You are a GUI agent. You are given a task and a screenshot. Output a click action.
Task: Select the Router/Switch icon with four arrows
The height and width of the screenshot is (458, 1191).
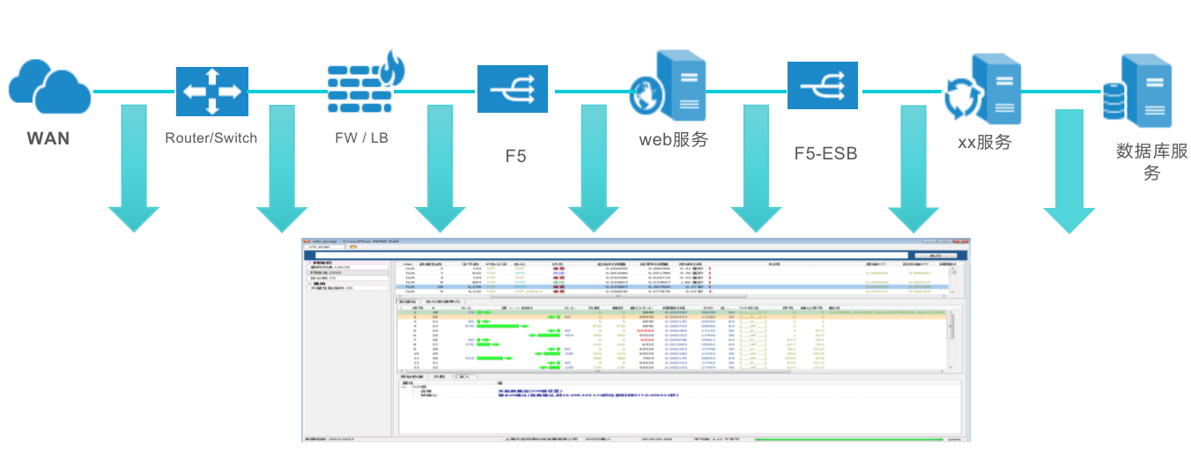[x=211, y=92]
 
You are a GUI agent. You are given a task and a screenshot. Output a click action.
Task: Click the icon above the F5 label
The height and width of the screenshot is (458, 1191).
[x=513, y=89]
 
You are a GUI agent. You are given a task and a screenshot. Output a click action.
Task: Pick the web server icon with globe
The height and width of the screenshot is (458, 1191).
[x=669, y=86]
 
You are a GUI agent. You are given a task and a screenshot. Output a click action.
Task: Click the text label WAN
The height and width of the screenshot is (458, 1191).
[x=48, y=138]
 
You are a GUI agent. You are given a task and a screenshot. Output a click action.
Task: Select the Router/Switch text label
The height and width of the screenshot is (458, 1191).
[x=211, y=137]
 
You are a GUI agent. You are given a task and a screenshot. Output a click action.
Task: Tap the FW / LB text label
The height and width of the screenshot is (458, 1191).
[x=361, y=137]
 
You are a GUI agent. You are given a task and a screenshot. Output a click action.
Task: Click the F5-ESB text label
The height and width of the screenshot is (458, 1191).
[x=825, y=154]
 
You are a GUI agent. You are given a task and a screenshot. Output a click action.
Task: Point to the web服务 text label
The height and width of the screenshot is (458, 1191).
[x=673, y=138]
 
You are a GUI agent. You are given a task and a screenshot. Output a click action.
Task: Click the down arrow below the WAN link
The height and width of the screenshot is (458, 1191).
[x=134, y=172]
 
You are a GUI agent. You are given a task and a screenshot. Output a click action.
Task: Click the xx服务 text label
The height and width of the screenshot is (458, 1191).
[x=983, y=141]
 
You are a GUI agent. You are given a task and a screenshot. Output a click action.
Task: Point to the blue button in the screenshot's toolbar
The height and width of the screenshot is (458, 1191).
[x=936, y=255]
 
